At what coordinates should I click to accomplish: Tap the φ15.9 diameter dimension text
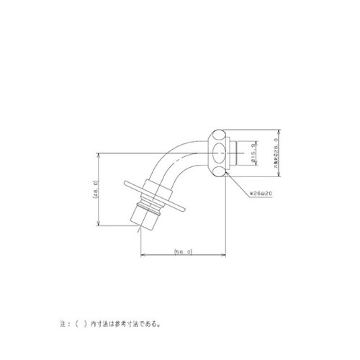click(x=253, y=155)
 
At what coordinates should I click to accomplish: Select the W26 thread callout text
click(x=258, y=193)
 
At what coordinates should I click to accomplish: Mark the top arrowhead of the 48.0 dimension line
click(x=99, y=154)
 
